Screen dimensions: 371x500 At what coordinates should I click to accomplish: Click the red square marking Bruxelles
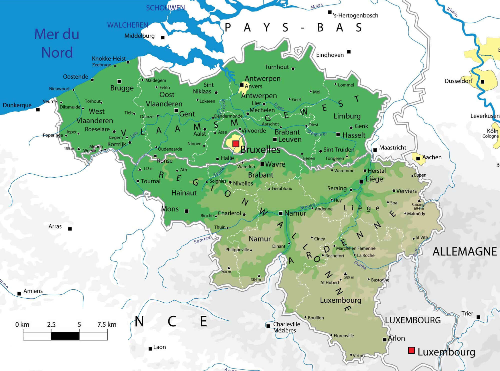pos(235,144)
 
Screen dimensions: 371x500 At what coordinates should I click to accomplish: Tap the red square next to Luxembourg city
pos(411,350)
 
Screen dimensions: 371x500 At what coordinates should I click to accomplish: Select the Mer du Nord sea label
pos(57,43)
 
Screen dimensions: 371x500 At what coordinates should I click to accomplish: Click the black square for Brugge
pos(119,81)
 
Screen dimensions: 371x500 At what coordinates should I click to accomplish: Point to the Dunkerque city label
pos(17,105)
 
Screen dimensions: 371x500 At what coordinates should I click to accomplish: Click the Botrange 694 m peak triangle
pos(419,200)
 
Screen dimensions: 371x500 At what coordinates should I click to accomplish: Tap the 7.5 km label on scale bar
pos(107,325)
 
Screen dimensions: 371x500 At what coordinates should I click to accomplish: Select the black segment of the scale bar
pos(65,336)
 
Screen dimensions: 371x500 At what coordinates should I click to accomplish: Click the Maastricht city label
pos(392,148)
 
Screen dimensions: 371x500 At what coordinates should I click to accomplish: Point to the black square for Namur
pos(280,213)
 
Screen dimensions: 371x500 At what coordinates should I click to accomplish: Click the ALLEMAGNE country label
pos(464,252)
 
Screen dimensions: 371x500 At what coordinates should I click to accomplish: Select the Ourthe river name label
pos(360,265)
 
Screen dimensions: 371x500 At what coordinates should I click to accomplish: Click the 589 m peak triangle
pos(345,274)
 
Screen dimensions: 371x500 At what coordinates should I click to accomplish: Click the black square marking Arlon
pos(385,340)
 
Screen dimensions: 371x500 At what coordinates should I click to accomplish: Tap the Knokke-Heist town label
pos(109,59)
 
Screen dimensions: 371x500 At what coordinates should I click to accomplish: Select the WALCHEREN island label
pos(127,25)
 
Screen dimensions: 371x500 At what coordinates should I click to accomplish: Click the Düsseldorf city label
pos(458,81)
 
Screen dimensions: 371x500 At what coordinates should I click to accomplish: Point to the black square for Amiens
pos(19,294)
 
